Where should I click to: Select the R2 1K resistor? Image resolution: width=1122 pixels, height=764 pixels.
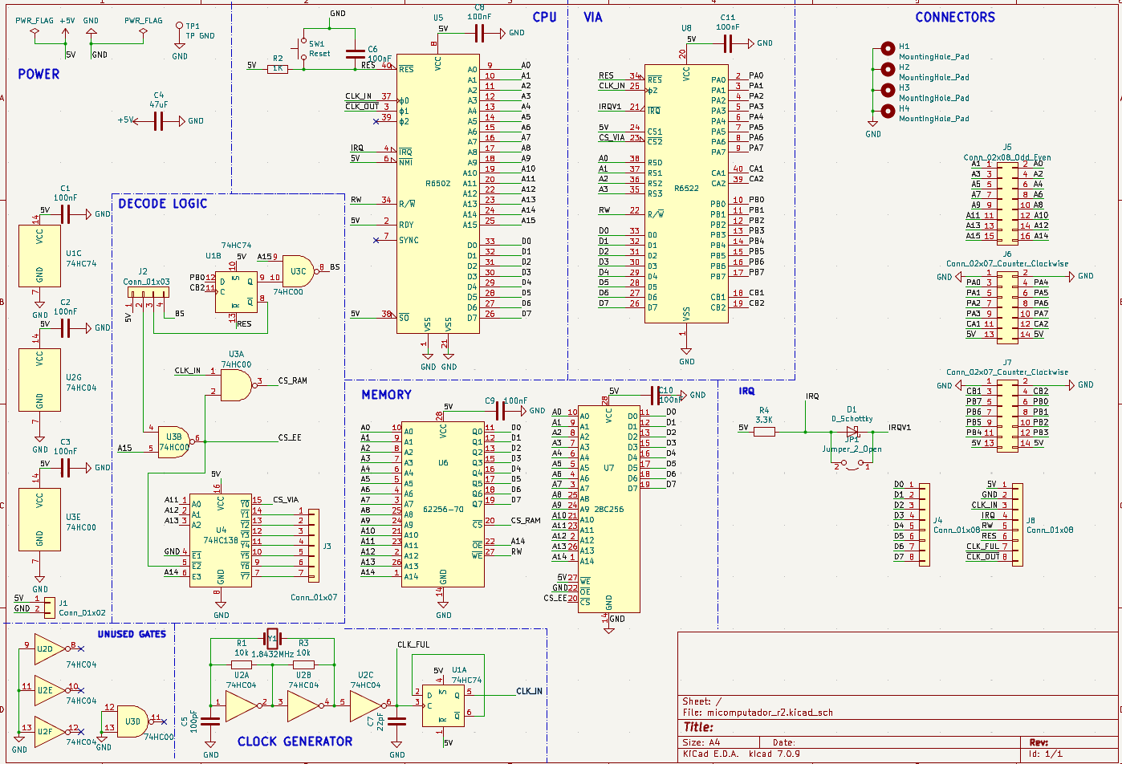[278, 69]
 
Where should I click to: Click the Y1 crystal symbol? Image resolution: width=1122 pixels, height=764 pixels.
[272, 640]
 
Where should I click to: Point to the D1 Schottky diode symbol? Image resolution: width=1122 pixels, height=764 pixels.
[852, 431]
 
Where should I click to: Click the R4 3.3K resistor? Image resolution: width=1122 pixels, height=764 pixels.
[764, 432]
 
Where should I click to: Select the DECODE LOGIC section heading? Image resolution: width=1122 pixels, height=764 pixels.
[162, 204]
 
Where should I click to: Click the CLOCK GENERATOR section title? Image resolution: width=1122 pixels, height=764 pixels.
[295, 741]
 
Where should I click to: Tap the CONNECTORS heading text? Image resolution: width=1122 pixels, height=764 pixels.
[954, 17]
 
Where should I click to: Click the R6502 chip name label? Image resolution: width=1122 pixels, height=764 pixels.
[437, 183]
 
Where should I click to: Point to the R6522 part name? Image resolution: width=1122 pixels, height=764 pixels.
[686, 188]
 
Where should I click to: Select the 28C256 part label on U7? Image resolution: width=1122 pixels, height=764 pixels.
[609, 509]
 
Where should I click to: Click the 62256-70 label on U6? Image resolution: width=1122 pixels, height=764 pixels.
[443, 508]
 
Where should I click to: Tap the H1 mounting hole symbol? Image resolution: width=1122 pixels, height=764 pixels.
[888, 48]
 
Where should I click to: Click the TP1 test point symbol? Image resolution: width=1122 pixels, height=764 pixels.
[180, 27]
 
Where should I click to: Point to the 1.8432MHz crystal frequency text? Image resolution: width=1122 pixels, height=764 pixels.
[273, 653]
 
